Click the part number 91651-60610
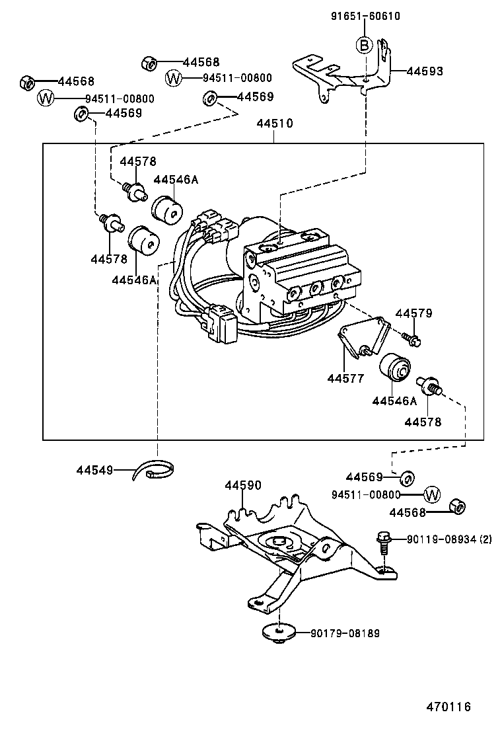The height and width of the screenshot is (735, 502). pos(365,17)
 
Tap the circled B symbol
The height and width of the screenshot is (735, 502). pos(364,45)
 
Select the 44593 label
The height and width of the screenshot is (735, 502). pos(424,71)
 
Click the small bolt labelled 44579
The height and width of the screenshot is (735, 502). pos(412,339)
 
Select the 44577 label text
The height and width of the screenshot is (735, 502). pos(345,378)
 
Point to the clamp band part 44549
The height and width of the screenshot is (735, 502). pos(156,471)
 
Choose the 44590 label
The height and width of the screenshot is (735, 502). pos(243,485)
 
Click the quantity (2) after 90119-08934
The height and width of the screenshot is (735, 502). pos(484,539)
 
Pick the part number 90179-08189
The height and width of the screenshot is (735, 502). pos(345,633)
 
